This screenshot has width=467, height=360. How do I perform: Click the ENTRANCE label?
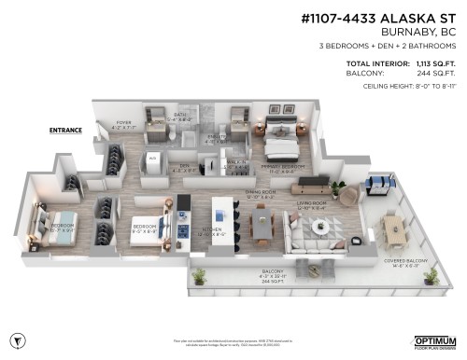pos(67,131)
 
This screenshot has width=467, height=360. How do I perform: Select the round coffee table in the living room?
pos(320,224)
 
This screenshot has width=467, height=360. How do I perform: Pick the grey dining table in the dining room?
pos(261,223)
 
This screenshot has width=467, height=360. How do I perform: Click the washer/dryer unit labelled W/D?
pos(153,159)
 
